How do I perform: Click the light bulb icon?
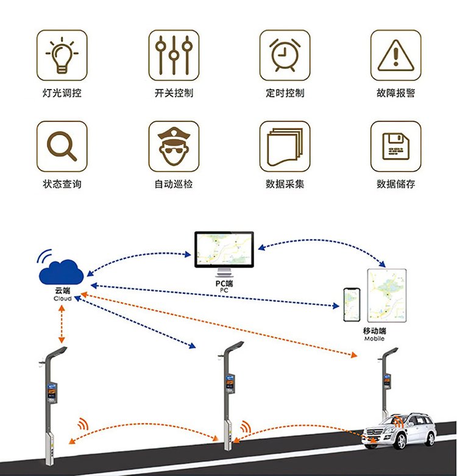coord(62,55)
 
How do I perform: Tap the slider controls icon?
coord(174,55)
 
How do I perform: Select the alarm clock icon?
coord(285,55)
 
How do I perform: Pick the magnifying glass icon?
coord(62,146)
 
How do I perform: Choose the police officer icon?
coord(174,146)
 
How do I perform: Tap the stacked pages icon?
coord(285,146)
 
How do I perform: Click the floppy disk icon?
coord(395,146)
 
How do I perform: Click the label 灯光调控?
coord(62,93)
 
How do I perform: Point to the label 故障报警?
coord(395,93)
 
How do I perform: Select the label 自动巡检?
coord(174,183)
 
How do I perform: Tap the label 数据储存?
coord(395,183)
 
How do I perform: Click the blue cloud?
coord(61,272)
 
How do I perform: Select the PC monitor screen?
coord(224,249)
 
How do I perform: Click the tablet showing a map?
coord(386,296)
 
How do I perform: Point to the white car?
coord(400,430)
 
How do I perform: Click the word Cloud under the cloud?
coord(62,299)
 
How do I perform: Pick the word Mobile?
coord(374,339)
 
